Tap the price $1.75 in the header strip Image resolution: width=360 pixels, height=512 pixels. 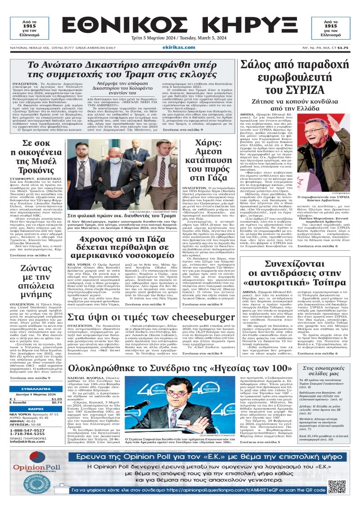[343, 47]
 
